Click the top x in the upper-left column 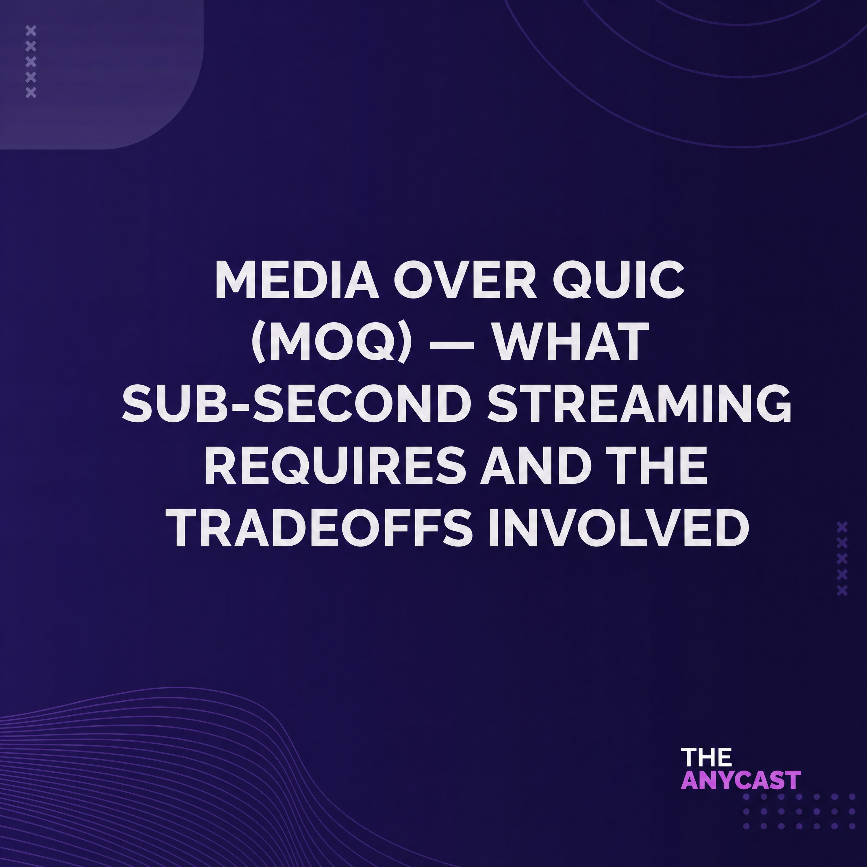[31, 31]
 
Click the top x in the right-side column [842, 526]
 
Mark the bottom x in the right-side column [842, 590]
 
